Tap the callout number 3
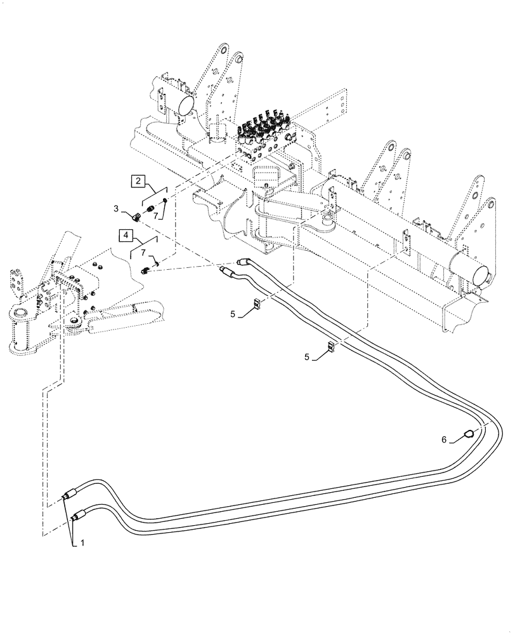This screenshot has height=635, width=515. [x=116, y=208]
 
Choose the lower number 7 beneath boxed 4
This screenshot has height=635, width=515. [x=143, y=253]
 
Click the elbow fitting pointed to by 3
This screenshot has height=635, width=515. [x=135, y=217]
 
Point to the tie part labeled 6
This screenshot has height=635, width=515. [x=468, y=434]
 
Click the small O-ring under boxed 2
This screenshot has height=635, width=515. [x=165, y=203]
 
